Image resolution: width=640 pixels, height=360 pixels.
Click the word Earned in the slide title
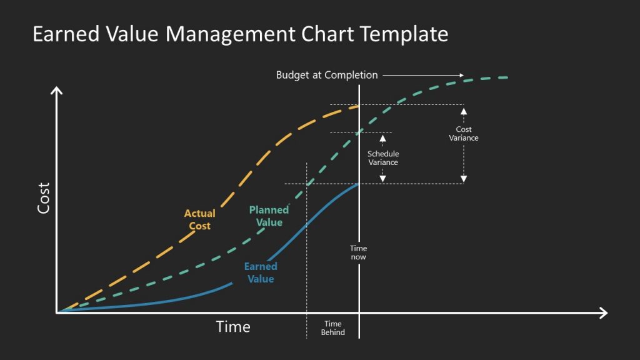pyautogui.click(x=59, y=34)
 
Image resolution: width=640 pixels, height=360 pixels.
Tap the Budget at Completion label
pyautogui.click(x=327, y=75)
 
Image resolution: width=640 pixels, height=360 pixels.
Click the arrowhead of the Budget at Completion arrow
pyautogui.click(x=461, y=75)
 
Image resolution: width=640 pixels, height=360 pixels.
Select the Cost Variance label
pyautogui.click(x=464, y=134)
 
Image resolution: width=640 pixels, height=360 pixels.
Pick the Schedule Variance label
pyautogui.click(x=383, y=158)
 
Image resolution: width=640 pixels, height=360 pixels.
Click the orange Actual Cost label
pyautogui.click(x=199, y=219)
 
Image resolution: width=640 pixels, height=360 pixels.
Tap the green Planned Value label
pyautogui.click(x=269, y=216)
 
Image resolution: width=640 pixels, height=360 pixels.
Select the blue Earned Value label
pyautogui.click(x=261, y=272)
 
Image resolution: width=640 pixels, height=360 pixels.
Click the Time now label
pyautogui.click(x=358, y=252)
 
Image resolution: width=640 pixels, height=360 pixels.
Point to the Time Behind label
pyautogui.click(x=332, y=328)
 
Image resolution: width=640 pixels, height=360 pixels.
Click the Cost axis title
pyautogui.click(x=43, y=197)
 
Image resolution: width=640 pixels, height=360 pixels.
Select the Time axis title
pyautogui.click(x=233, y=326)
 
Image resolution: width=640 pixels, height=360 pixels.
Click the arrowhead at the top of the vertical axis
pyautogui.click(x=57, y=91)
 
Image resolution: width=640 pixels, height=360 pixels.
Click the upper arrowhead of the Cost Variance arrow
pyautogui.click(x=464, y=111)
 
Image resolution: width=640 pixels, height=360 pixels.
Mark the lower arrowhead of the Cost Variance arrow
pyautogui.click(x=464, y=179)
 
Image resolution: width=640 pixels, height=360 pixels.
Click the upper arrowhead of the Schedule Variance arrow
pyautogui.click(x=383, y=137)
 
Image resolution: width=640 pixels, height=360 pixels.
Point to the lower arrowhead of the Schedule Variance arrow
pyautogui.click(x=383, y=179)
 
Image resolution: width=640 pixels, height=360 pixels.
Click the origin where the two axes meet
pyautogui.click(x=57, y=312)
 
